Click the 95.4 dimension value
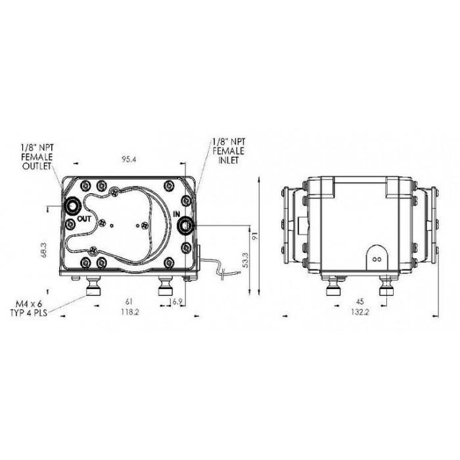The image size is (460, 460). (129, 160)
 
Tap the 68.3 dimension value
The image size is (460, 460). (44, 250)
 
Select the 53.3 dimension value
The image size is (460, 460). (246, 260)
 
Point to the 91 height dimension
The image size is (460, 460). (255, 235)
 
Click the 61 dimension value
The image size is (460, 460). (129, 301)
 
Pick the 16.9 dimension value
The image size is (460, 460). (176, 302)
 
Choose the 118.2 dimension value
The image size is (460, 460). (129, 312)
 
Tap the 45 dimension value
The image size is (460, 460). (359, 301)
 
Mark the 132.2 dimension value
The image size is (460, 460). (359, 312)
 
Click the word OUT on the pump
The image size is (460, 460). (84, 219)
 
